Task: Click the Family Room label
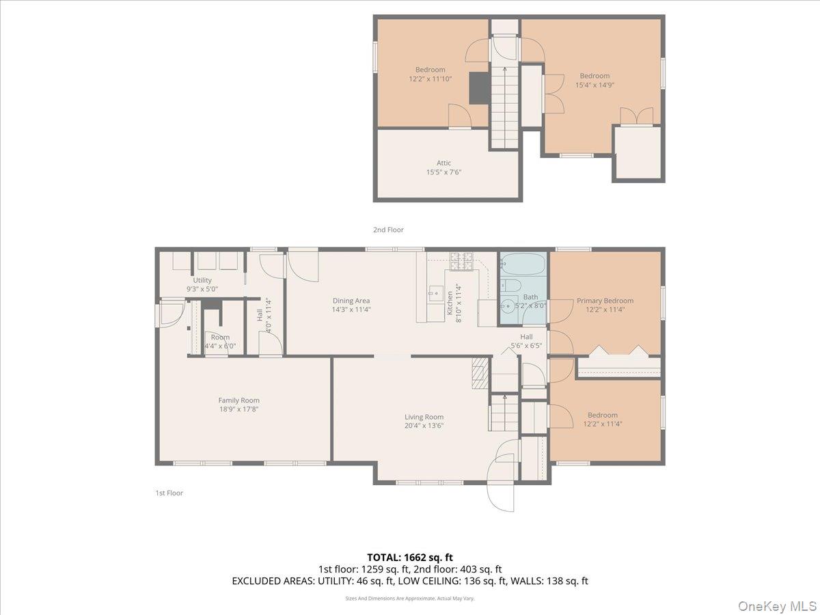[238, 400]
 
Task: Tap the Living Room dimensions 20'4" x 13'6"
[424, 426]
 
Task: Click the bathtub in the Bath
[523, 264]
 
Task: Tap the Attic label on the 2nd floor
[444, 163]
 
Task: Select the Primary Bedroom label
[605, 301]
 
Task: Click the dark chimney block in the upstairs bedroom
[478, 87]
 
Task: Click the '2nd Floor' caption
[388, 230]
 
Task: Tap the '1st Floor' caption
[168, 493]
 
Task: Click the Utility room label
[202, 280]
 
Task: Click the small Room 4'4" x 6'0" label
[220, 342]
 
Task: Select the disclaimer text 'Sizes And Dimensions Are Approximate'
[410, 599]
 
